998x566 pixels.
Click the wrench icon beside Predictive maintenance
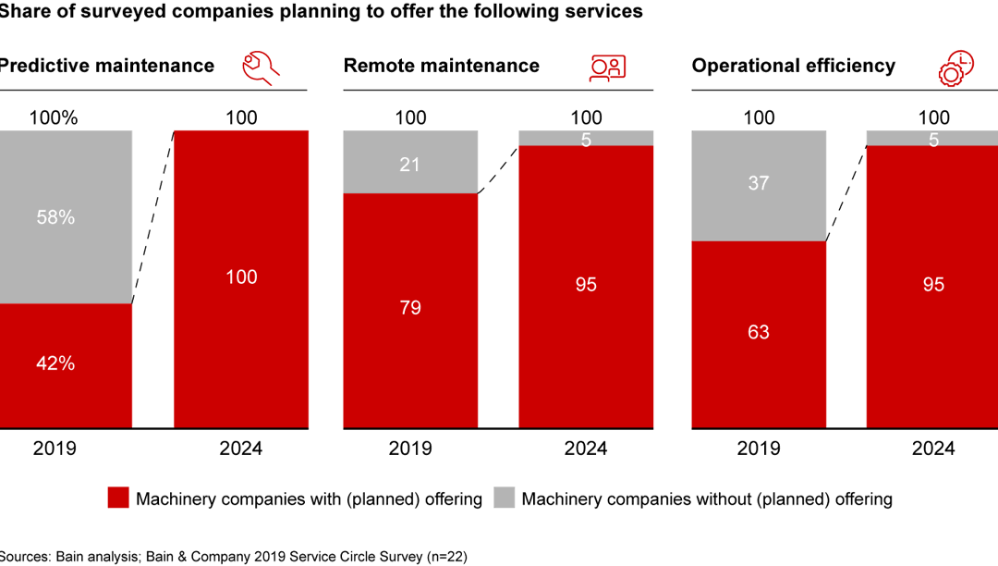pos(261,68)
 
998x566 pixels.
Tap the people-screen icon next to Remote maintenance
pos(607,68)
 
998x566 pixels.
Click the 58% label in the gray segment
pos(55,217)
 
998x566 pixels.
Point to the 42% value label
pos(55,363)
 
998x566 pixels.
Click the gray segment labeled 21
pos(410,163)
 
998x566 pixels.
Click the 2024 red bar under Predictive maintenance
pos(241,277)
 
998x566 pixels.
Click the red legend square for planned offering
pos(118,498)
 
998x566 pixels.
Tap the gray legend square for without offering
pos(504,498)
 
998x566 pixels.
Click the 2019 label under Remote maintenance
pos(410,449)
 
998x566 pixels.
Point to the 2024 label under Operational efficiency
pos(933,449)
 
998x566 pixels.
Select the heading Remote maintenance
pos(441,66)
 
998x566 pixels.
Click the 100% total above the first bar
pos(54,117)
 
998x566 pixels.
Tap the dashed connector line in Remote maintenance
pos(498,169)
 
